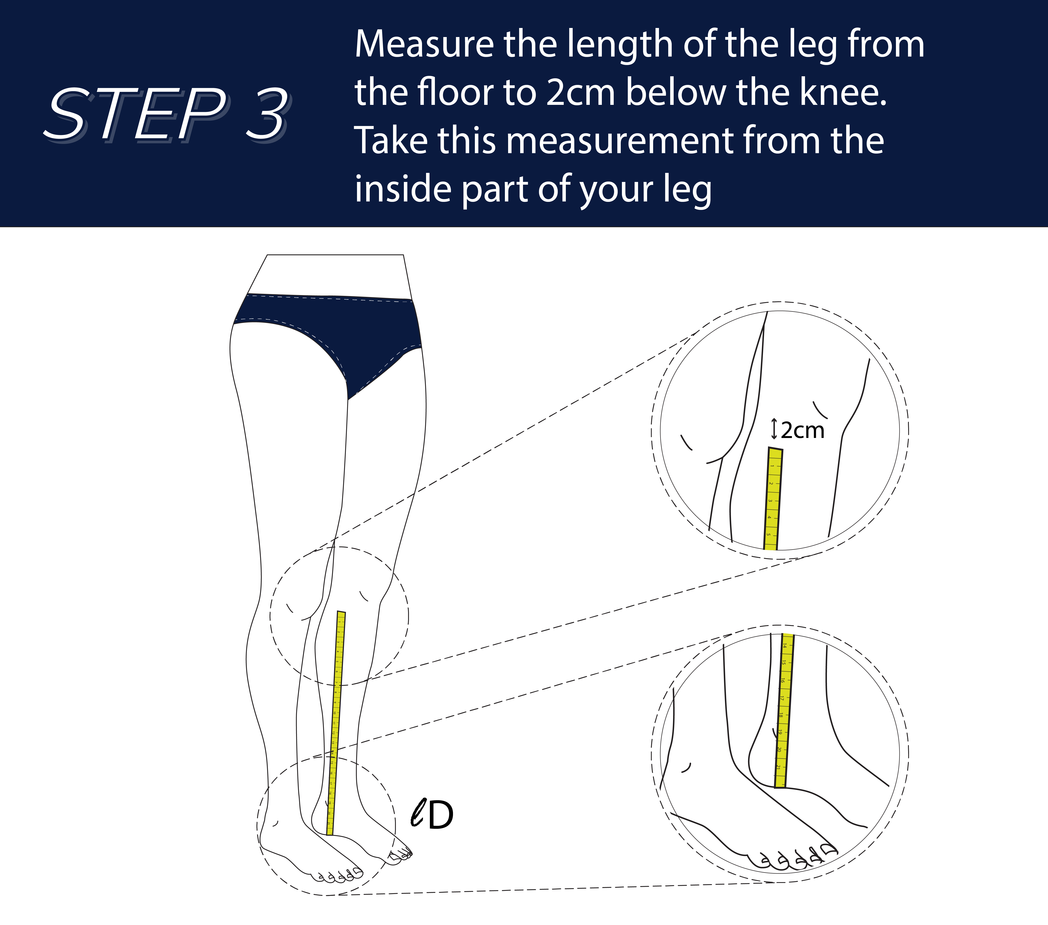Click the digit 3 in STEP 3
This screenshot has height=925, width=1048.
[267, 114]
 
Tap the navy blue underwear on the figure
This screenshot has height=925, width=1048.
[328, 328]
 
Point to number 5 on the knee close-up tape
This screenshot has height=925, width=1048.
[768, 534]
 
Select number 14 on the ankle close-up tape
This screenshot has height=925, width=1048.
[784, 645]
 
